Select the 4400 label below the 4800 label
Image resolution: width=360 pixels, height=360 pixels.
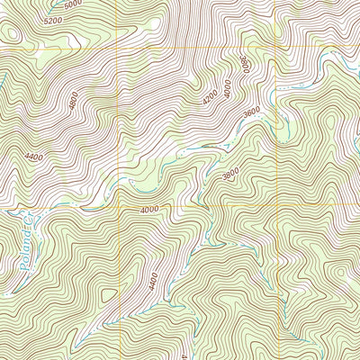(x=33, y=157)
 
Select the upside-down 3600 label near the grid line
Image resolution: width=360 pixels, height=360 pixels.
(x=244, y=65)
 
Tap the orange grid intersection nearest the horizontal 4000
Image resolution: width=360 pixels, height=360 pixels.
(x=119, y=209)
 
